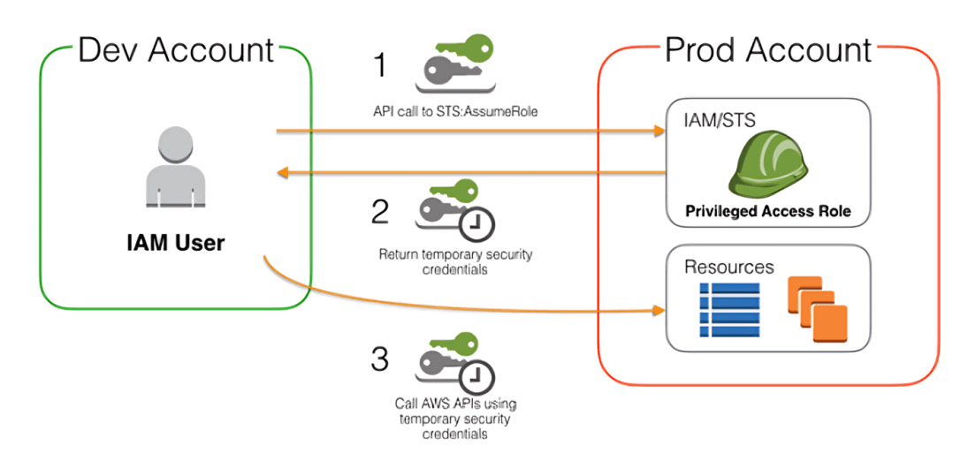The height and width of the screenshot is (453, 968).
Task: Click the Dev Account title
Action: (176, 49)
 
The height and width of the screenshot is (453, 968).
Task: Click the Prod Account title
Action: (767, 49)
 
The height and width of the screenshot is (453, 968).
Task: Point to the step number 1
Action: (380, 66)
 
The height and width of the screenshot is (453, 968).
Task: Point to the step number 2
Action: (380, 211)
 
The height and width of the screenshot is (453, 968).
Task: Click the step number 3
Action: (380, 359)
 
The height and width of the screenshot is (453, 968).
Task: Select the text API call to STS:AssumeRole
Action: (455, 113)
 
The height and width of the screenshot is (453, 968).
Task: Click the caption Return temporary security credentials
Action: (455, 261)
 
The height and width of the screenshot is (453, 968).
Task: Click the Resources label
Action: (729, 266)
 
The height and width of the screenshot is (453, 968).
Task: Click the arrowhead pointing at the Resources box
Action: (659, 311)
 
